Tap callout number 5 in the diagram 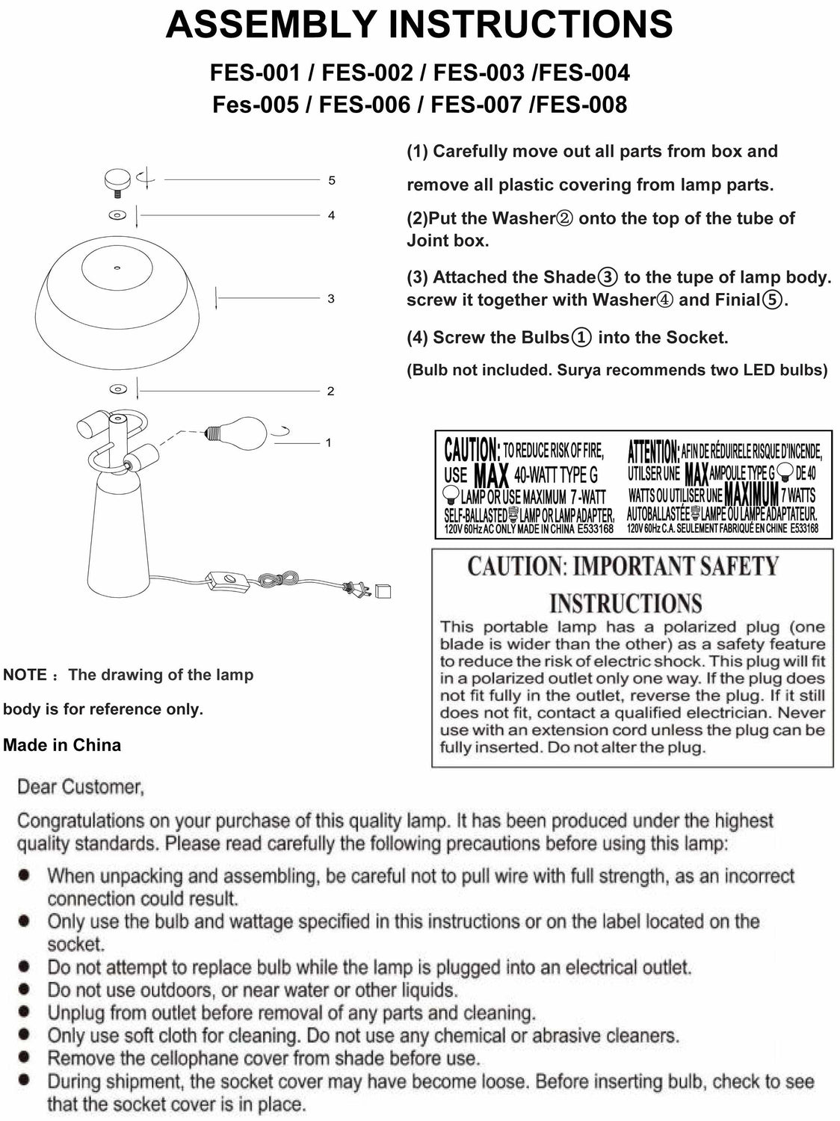(332, 180)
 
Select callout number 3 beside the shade (331, 298)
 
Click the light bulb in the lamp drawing (238, 431)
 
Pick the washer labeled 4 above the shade (117, 215)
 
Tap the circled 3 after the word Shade (608, 277)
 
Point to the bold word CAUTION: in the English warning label (472, 450)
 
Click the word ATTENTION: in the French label (653, 451)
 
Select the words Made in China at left (62, 745)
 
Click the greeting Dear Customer (80, 787)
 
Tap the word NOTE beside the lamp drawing (25, 675)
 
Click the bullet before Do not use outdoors (25, 989)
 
